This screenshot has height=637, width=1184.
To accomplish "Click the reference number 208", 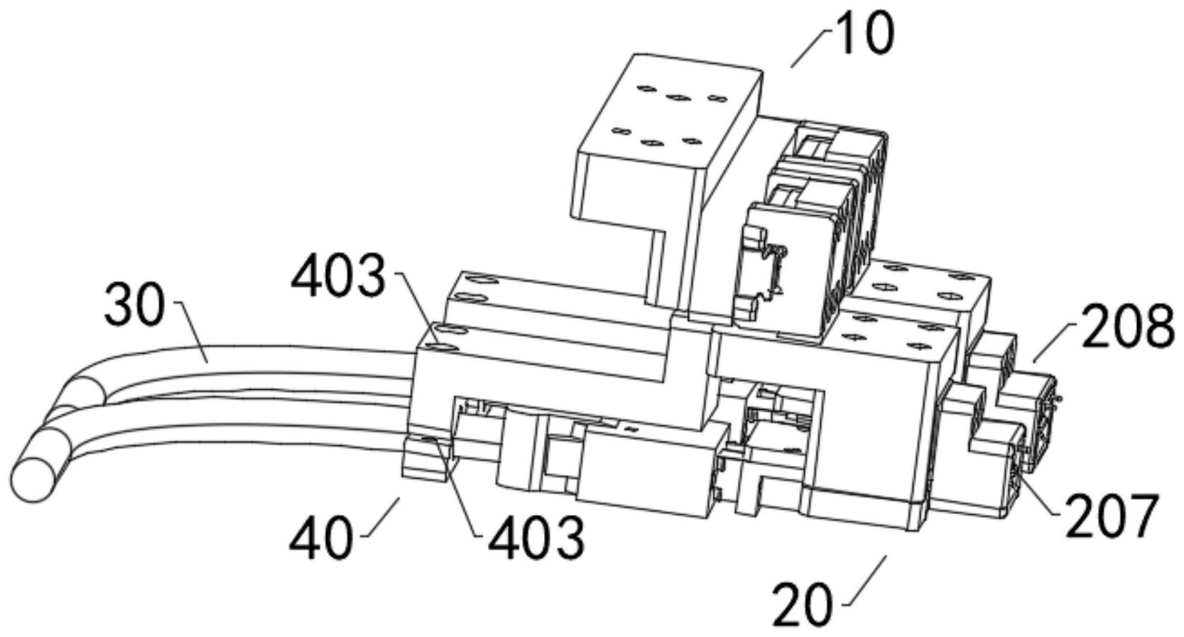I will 1126,326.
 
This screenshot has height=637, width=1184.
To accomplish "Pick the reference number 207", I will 1112,516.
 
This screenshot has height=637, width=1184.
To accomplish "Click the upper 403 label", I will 339,276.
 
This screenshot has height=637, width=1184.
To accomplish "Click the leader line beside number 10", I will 810,48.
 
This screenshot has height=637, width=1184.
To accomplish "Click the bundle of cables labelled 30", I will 249,376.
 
